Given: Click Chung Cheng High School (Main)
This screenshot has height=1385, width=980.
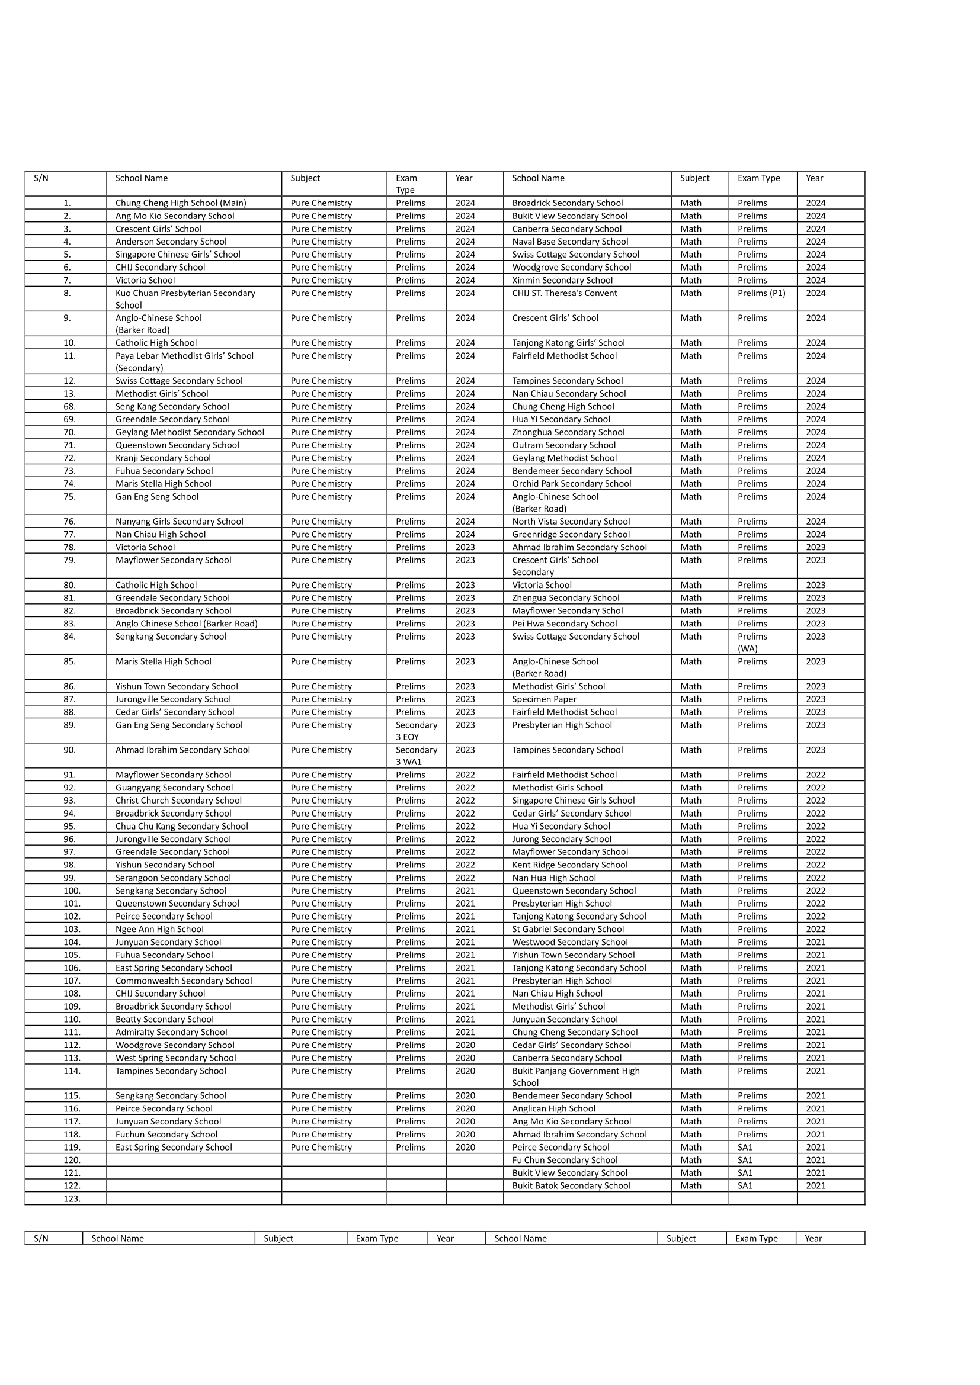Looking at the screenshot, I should click(x=181, y=203).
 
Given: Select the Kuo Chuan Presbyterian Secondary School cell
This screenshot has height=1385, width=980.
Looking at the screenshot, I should click(x=185, y=299).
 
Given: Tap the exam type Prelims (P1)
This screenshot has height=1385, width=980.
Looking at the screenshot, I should click(x=761, y=293).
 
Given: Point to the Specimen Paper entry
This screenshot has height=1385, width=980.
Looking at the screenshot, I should click(x=544, y=699).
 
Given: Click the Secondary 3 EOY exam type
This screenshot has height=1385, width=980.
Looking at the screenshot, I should click(x=416, y=731).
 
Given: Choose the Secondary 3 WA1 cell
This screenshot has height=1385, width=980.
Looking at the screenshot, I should click(x=416, y=756).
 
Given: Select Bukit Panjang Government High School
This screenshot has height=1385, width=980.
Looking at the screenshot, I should click(x=575, y=1076).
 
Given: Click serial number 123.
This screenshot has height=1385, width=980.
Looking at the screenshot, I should click(x=72, y=1198).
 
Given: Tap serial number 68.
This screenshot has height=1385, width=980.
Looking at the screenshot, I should click(x=69, y=407).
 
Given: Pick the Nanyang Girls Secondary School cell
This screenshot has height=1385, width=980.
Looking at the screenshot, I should click(x=179, y=522).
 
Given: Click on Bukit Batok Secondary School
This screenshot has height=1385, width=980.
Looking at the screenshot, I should click(x=571, y=1185).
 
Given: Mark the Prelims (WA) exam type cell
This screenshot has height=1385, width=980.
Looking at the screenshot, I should click(x=752, y=642).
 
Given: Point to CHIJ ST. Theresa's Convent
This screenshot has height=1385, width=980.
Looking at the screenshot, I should click(x=564, y=293).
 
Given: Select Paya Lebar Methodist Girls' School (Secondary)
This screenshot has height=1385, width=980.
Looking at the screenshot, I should click(x=184, y=362).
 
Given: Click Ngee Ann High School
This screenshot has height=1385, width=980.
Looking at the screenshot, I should click(x=159, y=929).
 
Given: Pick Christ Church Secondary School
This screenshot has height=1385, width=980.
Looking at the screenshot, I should click(x=178, y=801).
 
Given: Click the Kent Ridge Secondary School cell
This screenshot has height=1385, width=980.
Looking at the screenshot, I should click(x=569, y=865).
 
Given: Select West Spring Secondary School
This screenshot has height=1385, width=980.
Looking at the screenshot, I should click(x=175, y=1058).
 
